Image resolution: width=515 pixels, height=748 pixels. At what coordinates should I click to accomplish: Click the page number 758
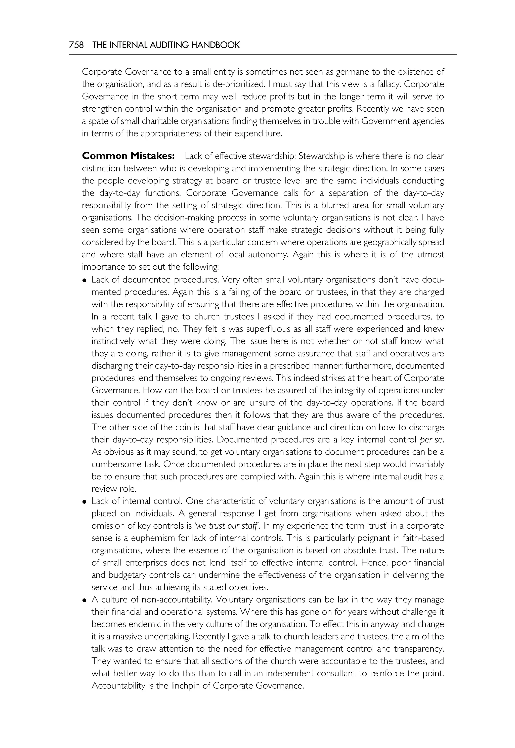click(76, 45)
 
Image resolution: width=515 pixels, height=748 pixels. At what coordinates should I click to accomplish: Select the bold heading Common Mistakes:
click(128, 156)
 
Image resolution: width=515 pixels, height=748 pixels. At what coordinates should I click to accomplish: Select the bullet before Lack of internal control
click(84, 502)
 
